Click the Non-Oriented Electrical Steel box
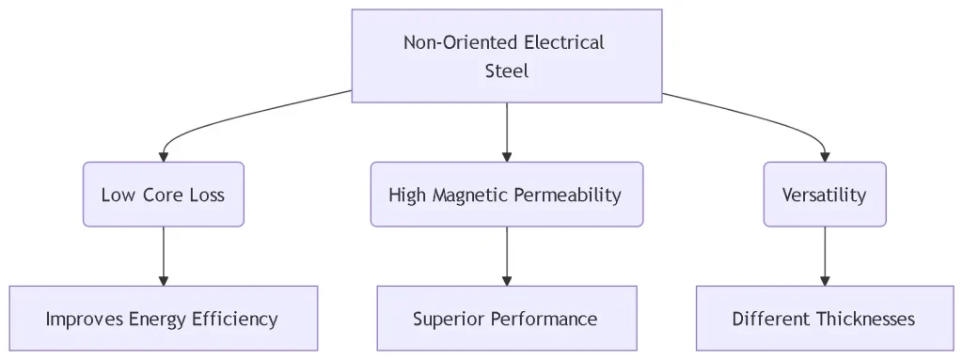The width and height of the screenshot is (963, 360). point(507,55)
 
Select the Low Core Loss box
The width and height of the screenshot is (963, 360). point(164,195)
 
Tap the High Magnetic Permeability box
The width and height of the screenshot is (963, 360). point(507,195)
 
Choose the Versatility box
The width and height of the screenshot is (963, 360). point(825,195)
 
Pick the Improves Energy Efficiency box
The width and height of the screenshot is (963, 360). point(164,319)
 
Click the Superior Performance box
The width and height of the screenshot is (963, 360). point(507,319)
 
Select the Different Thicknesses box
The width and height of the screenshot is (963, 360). point(825,319)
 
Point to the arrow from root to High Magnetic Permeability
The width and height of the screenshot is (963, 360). point(507,132)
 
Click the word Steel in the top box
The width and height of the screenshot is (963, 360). point(507,70)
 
